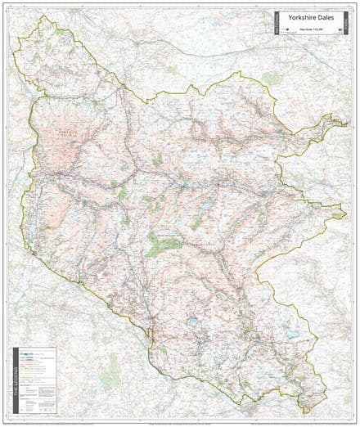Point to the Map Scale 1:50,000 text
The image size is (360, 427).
311,32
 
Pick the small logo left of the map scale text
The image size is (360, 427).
288,33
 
